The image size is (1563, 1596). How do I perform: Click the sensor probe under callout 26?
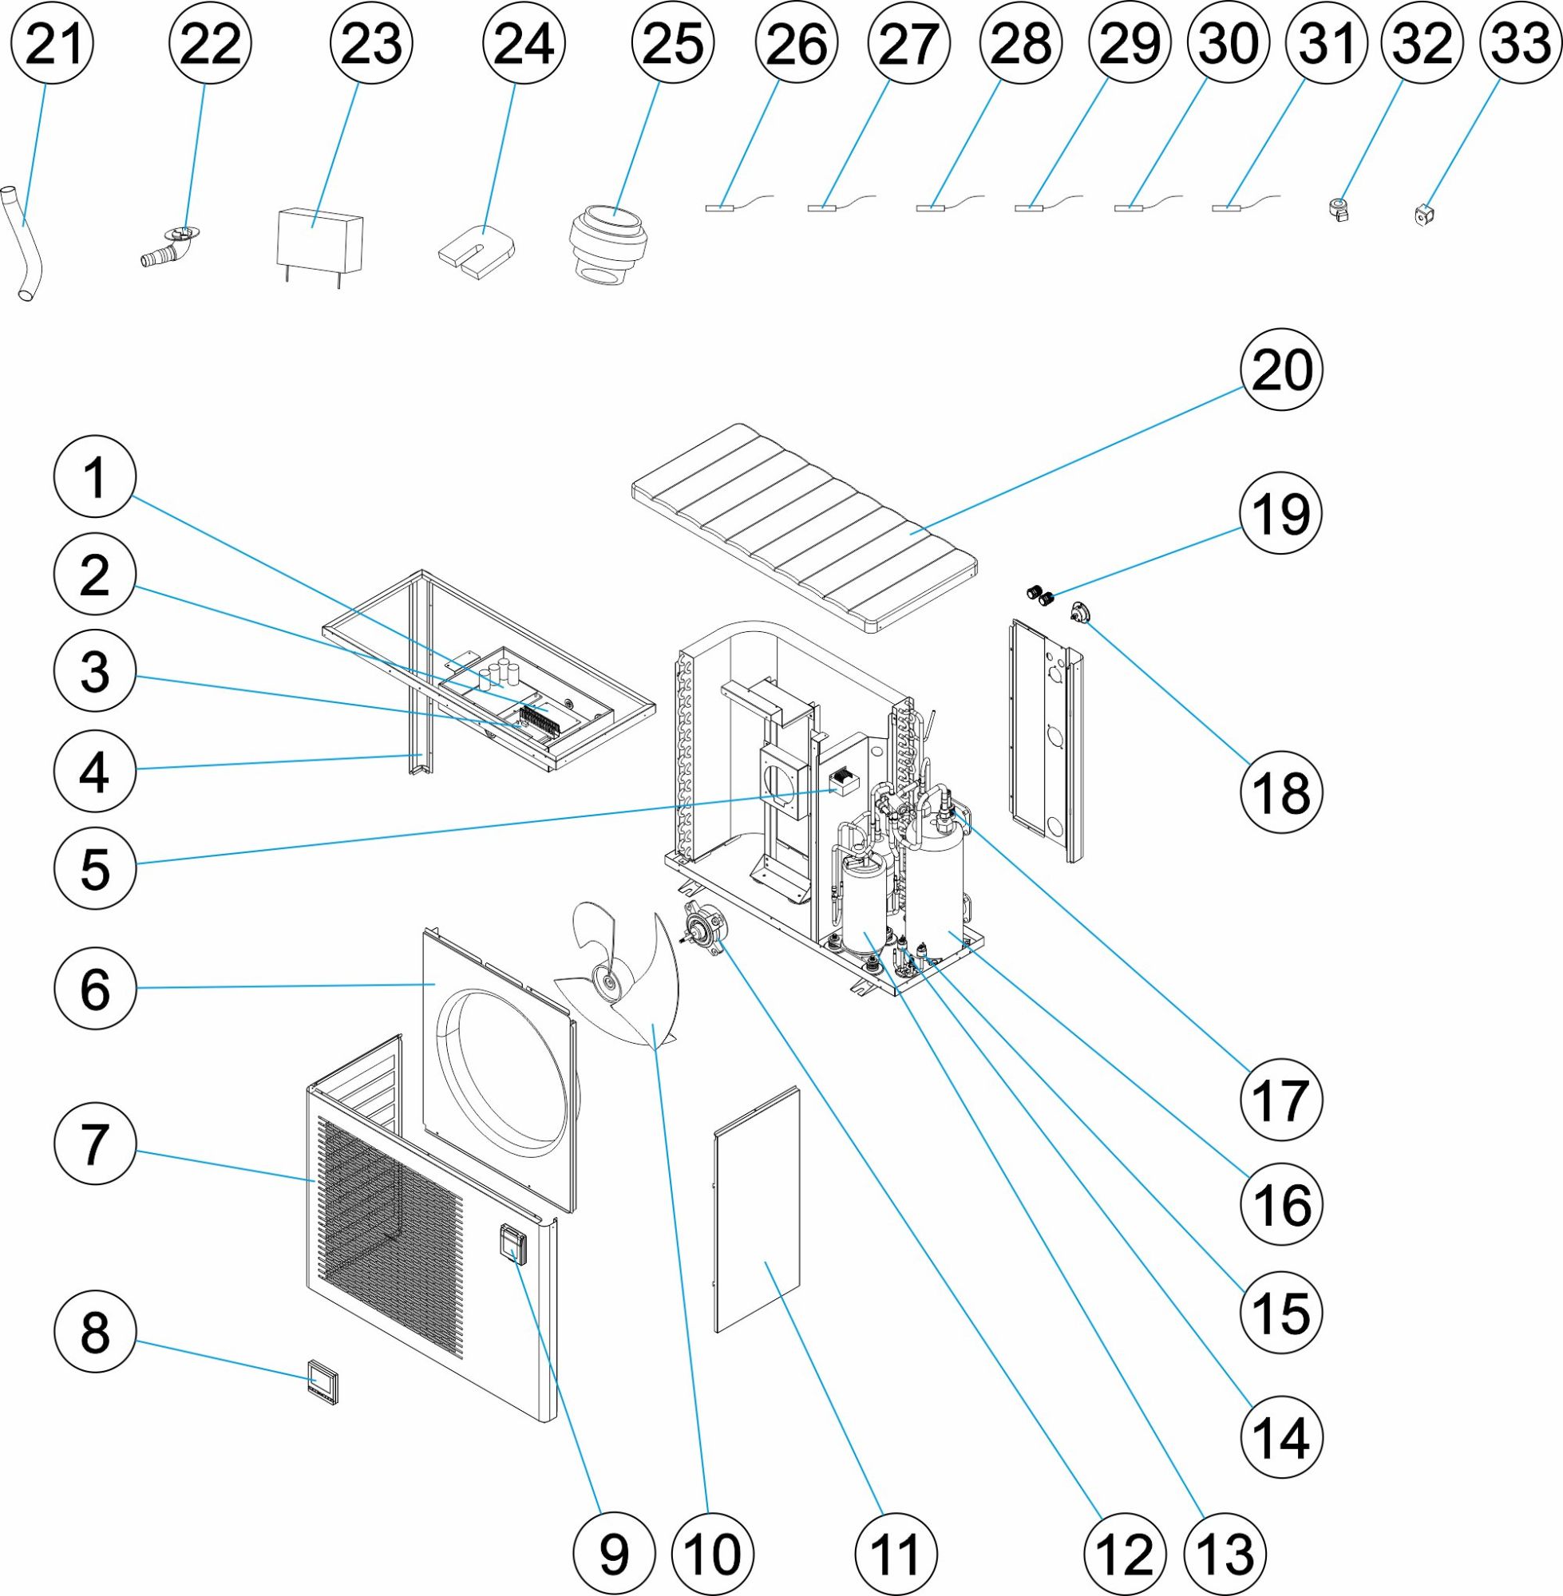pos(722,207)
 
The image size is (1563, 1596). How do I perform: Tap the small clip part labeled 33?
pos(1425,215)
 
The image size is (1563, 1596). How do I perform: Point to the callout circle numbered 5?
pos(94,868)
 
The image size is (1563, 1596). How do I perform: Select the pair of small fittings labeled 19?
pos(1039,595)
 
